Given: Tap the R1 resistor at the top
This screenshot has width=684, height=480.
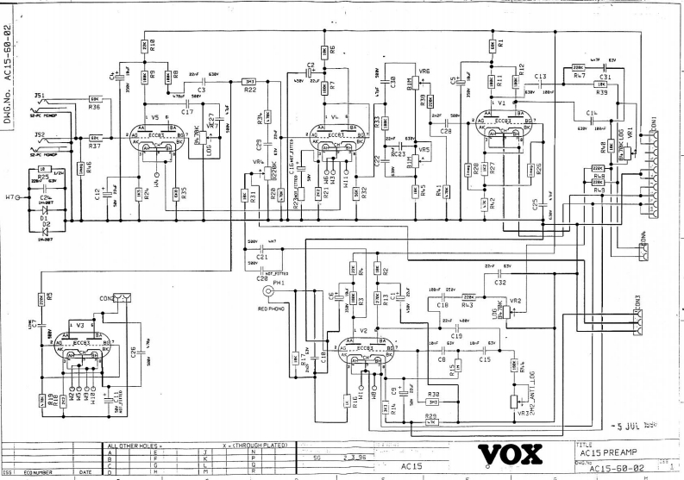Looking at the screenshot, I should (x=491, y=43).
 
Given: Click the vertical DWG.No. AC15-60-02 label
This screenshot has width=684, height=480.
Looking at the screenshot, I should (x=9, y=65).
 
